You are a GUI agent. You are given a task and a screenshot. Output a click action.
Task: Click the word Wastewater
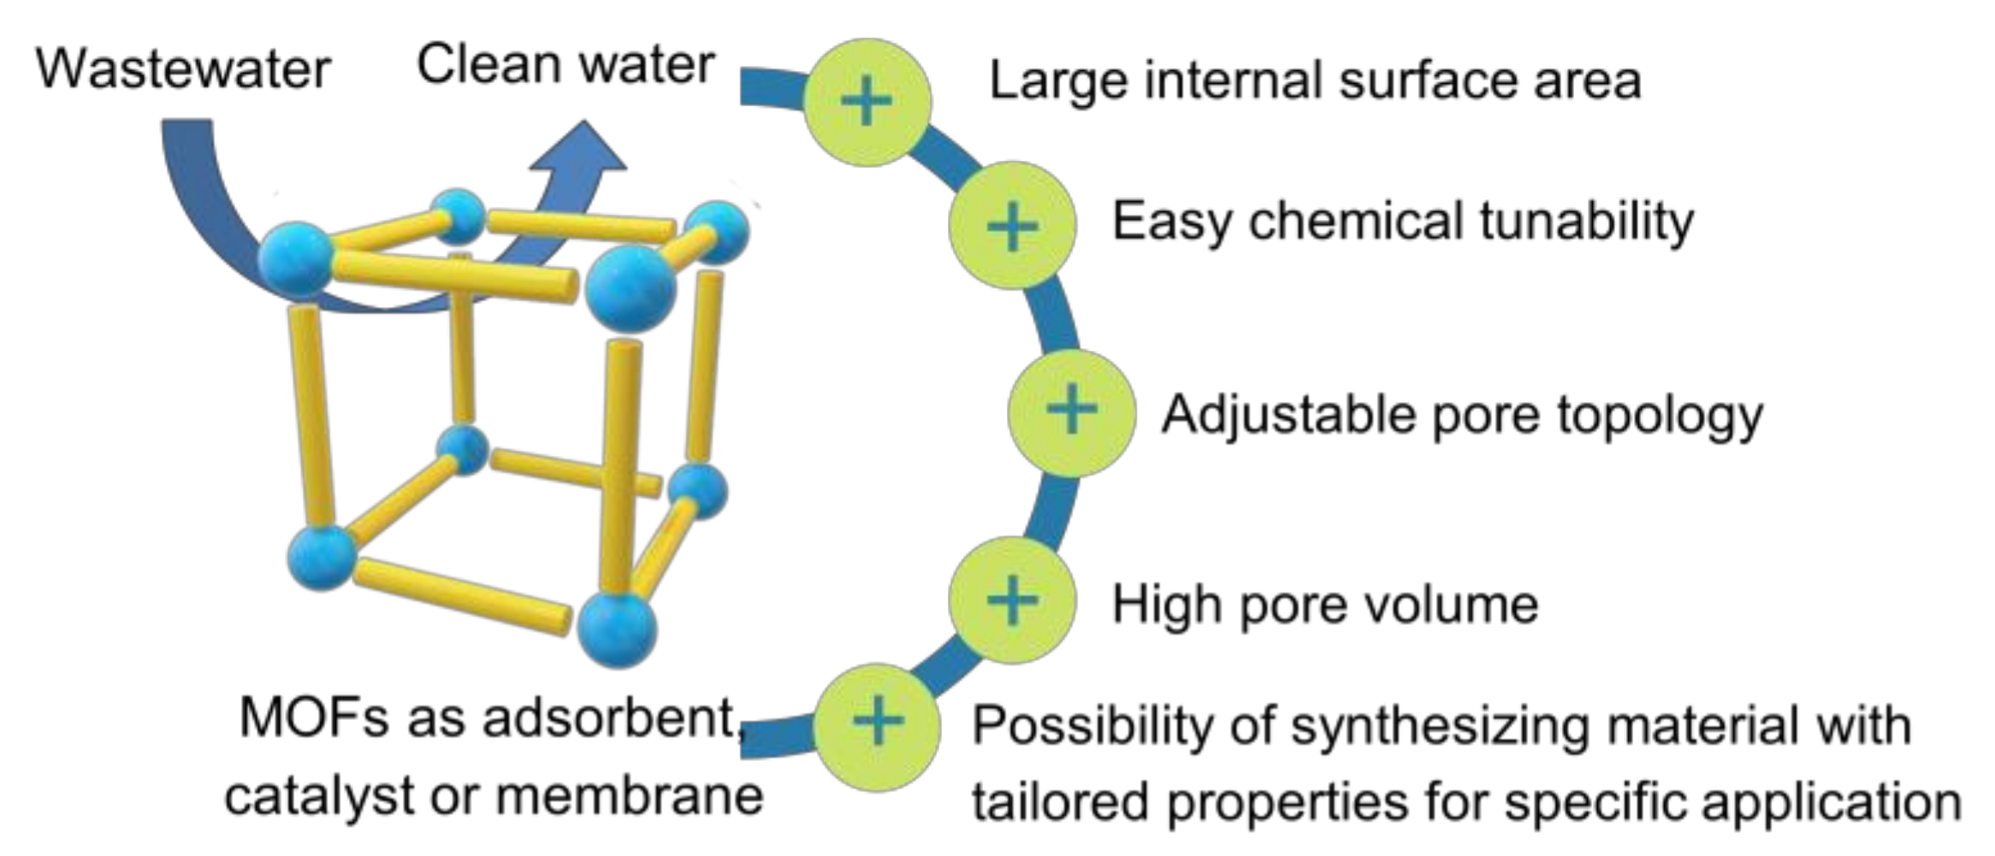pyautogui.click(x=182, y=68)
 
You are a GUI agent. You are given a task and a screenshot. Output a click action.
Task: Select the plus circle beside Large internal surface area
pyautogui.click(x=867, y=102)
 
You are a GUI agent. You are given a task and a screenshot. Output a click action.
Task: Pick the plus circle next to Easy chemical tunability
pyautogui.click(x=1012, y=226)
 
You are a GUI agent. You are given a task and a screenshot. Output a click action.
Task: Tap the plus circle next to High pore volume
pyautogui.click(x=1012, y=600)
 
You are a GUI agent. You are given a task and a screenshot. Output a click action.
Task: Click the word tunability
pyautogui.click(x=1586, y=222)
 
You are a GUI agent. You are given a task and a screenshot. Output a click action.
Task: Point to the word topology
pyautogui.click(x=1659, y=417)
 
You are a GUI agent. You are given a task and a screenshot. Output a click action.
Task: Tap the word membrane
pyautogui.click(x=629, y=796)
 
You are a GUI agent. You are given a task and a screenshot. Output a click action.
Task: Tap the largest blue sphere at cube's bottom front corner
pyautogui.click(x=617, y=629)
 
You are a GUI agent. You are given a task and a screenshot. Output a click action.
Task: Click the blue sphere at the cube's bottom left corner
pyautogui.click(x=322, y=557)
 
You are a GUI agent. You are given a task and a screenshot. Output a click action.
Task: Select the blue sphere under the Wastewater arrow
pyautogui.click(x=295, y=259)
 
